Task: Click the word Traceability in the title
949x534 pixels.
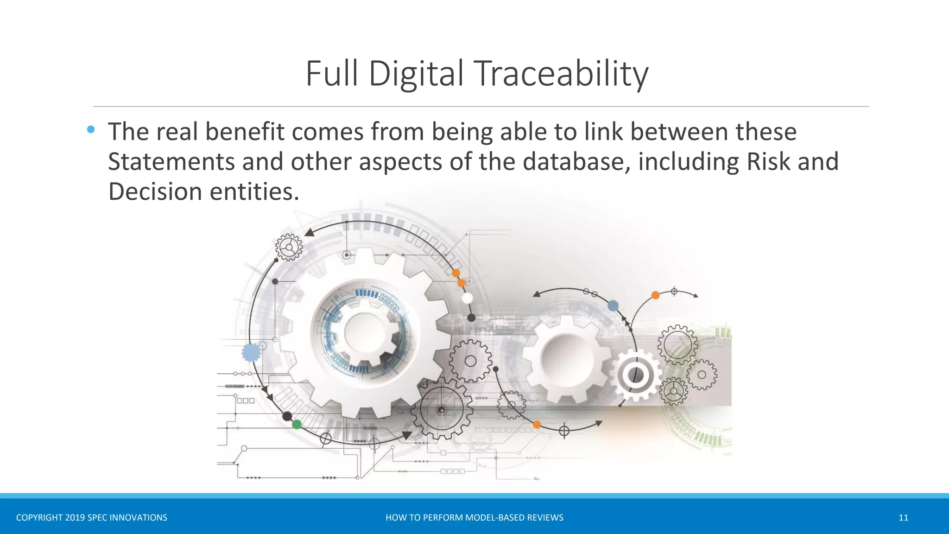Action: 562,74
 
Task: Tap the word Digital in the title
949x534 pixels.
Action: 416,74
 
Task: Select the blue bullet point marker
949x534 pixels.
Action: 91,130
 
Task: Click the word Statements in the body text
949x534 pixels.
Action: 171,162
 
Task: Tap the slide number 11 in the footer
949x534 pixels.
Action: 903,518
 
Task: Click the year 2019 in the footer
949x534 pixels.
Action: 75,518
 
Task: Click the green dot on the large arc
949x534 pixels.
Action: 297,424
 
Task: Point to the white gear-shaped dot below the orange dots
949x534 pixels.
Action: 468,298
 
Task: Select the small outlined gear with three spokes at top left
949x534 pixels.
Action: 289,247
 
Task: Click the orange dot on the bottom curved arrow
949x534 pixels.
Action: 537,424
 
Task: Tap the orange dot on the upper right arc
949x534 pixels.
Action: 655,295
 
